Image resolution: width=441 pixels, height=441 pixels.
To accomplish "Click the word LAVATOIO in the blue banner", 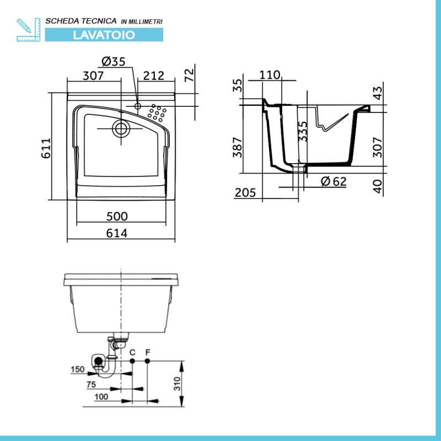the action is click(x=104, y=35).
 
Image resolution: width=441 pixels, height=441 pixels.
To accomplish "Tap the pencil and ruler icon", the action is click(x=29, y=30).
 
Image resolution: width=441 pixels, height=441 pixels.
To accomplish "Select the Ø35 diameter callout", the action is click(x=114, y=61).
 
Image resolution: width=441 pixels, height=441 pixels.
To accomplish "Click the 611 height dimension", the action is click(x=46, y=148).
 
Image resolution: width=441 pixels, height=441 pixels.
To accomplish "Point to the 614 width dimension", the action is click(x=117, y=233).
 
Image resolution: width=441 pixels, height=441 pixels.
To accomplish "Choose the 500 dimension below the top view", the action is click(x=117, y=216).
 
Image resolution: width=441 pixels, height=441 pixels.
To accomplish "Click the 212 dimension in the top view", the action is click(x=154, y=76).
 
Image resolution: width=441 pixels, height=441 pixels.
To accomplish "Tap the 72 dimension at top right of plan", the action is click(x=189, y=75).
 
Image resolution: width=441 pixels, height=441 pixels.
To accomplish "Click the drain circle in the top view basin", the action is click(x=121, y=128).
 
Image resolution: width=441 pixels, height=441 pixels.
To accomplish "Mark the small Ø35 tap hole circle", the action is click(x=137, y=106).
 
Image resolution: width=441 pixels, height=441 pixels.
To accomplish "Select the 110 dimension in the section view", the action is click(x=270, y=75).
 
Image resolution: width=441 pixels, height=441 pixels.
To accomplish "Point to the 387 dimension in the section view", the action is click(x=238, y=147).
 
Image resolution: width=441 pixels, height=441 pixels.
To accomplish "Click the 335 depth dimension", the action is click(x=303, y=131).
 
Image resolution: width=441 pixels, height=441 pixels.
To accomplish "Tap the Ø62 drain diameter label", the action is click(x=334, y=181).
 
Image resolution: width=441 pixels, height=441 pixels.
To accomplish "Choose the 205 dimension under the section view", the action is click(x=245, y=192).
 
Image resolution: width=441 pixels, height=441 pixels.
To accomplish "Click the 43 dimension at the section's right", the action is click(x=378, y=93).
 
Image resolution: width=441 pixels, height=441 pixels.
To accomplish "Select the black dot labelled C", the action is click(x=132, y=361).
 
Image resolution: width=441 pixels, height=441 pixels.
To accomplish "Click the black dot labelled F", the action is click(x=147, y=361).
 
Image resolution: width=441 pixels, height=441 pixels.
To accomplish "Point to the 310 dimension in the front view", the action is click(x=177, y=384).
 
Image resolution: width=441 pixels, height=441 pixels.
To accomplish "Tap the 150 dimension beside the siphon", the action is click(x=78, y=369).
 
